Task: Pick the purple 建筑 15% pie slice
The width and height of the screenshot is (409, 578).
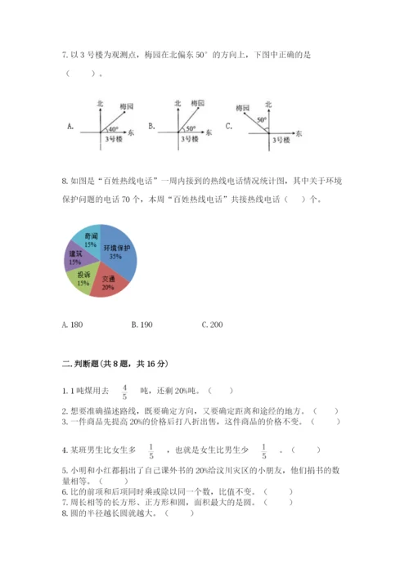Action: point(75,258)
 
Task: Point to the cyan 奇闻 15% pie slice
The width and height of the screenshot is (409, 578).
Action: point(87,239)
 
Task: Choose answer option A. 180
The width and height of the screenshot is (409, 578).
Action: point(72,325)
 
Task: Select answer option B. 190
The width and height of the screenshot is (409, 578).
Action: point(142,325)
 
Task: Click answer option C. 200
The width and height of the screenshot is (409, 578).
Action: point(211,325)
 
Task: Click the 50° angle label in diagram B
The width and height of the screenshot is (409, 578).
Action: point(189,128)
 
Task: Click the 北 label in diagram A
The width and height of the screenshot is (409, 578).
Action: point(100,104)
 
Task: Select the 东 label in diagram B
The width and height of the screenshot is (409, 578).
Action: point(209,132)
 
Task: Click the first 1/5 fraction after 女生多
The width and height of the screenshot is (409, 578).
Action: point(151,450)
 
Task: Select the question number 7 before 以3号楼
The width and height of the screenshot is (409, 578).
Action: point(64,55)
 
